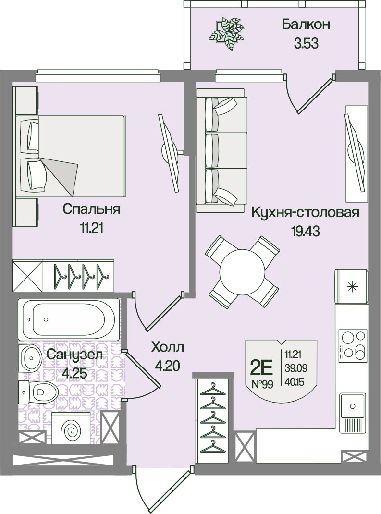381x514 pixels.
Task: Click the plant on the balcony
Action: pos(227,34)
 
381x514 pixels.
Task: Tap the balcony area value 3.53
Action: pos(306,43)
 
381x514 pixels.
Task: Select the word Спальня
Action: pos(91,209)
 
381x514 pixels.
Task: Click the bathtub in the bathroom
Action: pos(69,319)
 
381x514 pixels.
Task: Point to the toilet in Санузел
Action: pos(38,392)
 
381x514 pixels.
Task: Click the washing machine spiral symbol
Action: pos(72,429)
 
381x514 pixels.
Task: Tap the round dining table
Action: pos(242,272)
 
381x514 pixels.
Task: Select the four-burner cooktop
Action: pos(353,344)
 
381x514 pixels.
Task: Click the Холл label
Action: pos(168,347)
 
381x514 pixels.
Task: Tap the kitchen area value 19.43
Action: pos(305,232)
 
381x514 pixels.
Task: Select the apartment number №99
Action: pos(262,384)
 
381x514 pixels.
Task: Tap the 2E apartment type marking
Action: pos(261,369)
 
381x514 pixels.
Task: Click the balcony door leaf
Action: pos(316,95)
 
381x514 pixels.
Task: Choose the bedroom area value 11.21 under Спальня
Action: pos(92,228)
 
